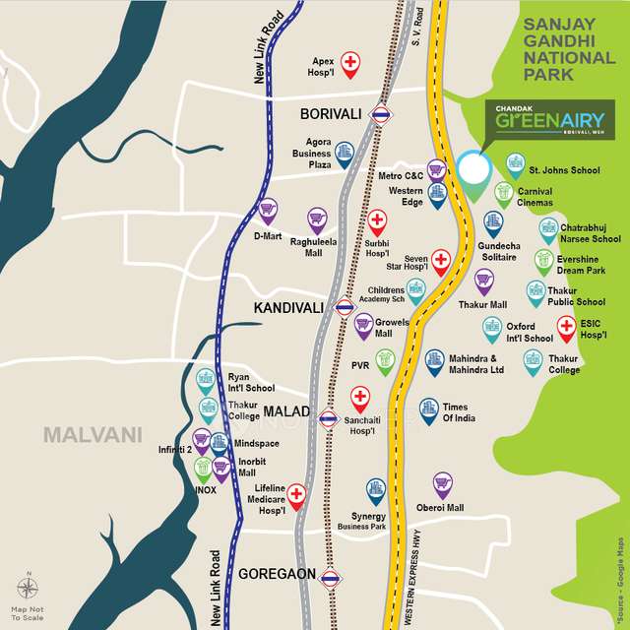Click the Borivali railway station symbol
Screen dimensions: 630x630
click(x=379, y=116)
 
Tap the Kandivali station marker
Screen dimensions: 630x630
click(x=344, y=307)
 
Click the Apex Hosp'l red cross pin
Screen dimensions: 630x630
click(x=350, y=63)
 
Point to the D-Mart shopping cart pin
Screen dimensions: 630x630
click(x=267, y=209)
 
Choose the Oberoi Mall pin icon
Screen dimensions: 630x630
click(x=443, y=483)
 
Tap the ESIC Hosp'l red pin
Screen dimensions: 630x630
click(x=566, y=326)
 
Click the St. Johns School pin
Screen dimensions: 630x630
click(x=515, y=163)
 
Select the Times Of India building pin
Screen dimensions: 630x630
click(x=428, y=409)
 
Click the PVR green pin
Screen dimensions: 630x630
click(x=385, y=360)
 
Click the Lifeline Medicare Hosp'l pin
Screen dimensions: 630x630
click(x=294, y=496)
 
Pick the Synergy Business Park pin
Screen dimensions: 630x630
click(x=375, y=489)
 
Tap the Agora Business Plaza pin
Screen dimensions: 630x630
click(x=344, y=153)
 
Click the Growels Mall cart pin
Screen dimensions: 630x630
click(x=363, y=322)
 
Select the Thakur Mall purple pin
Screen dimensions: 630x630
click(x=483, y=281)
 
